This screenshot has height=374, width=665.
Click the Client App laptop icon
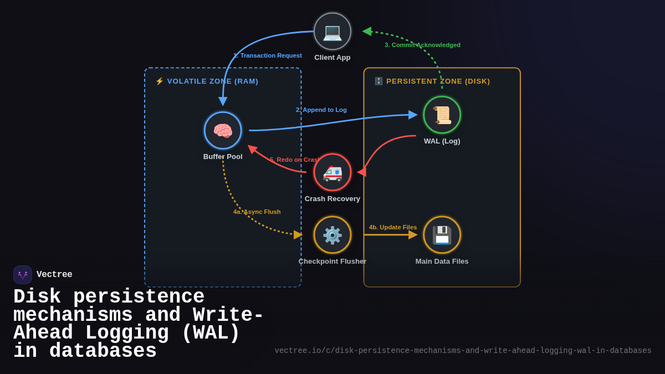click(332, 32)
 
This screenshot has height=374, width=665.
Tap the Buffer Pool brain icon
click(223, 131)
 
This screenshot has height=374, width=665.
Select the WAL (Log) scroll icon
click(442, 115)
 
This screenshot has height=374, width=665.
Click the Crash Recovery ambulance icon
click(332, 172)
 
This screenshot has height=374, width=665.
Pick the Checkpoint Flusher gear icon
click(332, 235)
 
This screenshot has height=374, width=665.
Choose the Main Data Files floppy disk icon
click(442, 235)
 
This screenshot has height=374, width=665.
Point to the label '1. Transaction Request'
click(268, 55)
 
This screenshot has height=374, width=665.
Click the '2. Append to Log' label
click(321, 110)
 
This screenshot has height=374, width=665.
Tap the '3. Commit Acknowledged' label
click(422, 45)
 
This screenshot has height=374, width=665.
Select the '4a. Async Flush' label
click(257, 212)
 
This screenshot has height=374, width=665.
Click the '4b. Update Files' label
click(393, 227)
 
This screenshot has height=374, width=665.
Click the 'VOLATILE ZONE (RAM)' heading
click(212, 81)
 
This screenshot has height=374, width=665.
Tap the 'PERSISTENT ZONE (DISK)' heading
click(438, 81)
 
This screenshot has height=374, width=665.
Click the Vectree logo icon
click(23, 275)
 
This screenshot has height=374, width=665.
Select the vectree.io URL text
click(463, 351)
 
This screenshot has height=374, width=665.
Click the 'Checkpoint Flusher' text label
click(332, 262)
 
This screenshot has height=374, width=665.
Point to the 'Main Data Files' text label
click(442, 262)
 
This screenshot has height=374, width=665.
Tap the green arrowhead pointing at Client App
click(367, 32)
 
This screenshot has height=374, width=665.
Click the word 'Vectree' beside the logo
click(54, 275)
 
